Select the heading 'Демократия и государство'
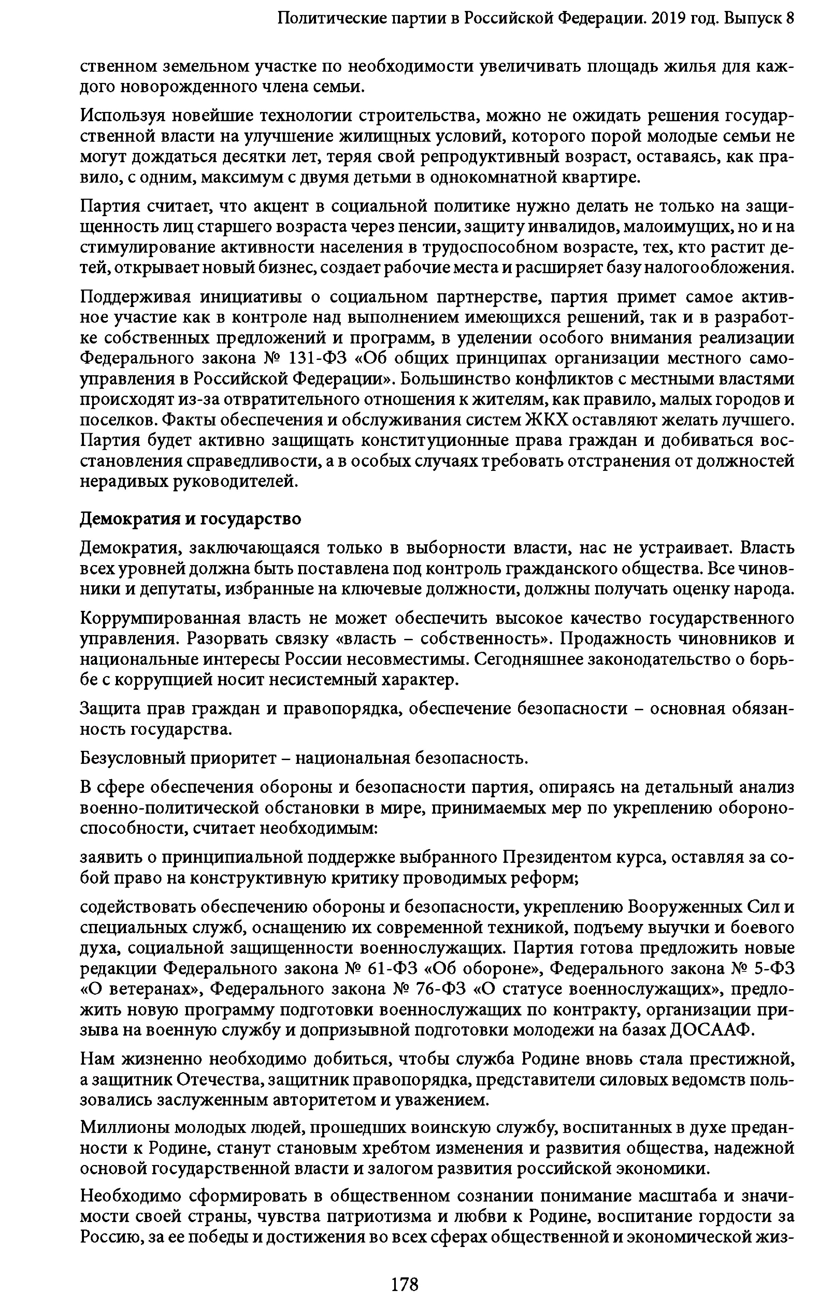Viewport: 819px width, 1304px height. pos(190,518)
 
